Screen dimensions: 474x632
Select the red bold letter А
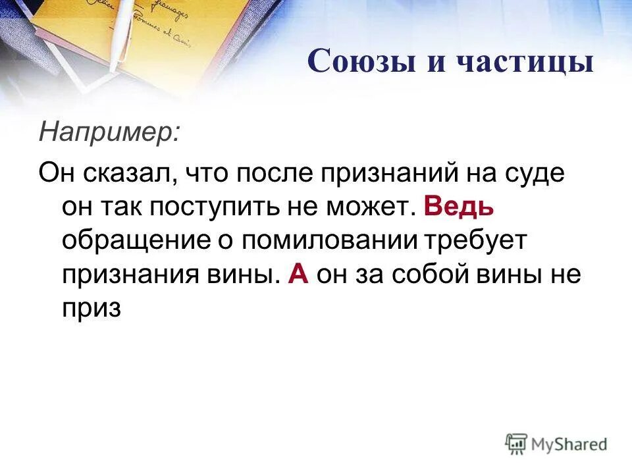point(298,273)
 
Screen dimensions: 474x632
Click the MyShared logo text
point(570,445)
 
